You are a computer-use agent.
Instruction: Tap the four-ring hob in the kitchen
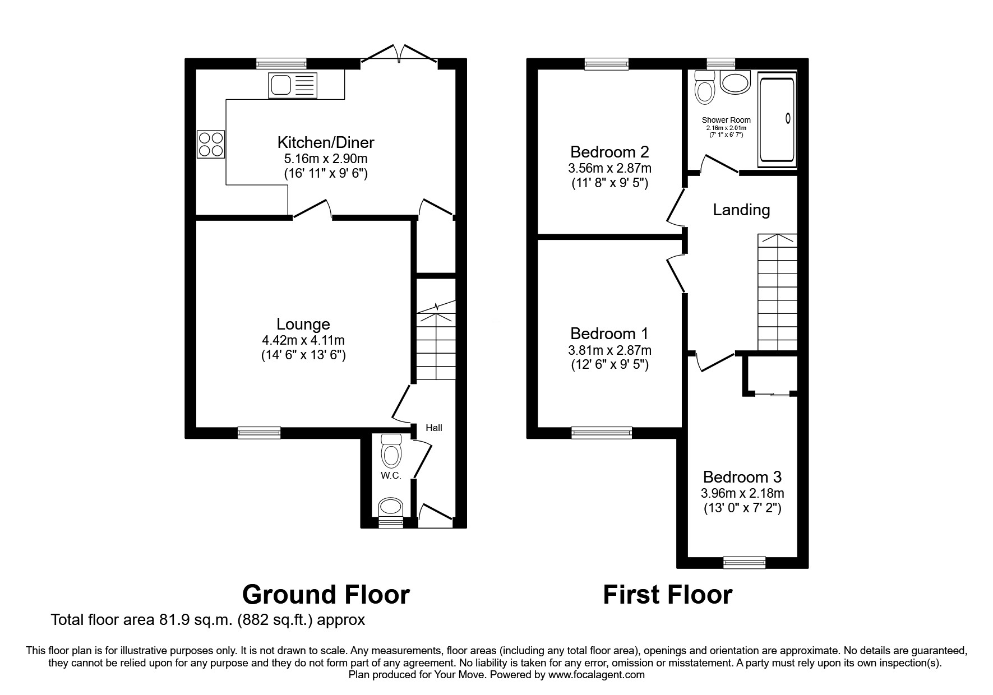(211, 143)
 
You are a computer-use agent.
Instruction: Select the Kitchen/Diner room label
(326, 142)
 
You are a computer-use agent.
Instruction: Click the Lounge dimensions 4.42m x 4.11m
(303, 340)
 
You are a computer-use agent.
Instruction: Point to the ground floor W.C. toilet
(391, 452)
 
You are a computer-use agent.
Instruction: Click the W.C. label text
(391, 476)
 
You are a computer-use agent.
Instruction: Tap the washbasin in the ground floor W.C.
(391, 508)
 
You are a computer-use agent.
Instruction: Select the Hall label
(433, 428)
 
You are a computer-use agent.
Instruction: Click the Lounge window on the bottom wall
(258, 432)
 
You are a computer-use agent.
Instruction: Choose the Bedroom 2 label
(609, 151)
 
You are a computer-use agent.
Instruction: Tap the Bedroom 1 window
(601, 432)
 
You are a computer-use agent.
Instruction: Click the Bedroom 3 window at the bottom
(744, 562)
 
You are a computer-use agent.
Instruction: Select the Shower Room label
(726, 120)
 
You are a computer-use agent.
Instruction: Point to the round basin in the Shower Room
(735, 83)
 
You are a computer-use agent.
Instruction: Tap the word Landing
(741, 210)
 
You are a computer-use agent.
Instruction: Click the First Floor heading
(667, 595)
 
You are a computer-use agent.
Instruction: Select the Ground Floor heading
(326, 595)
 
